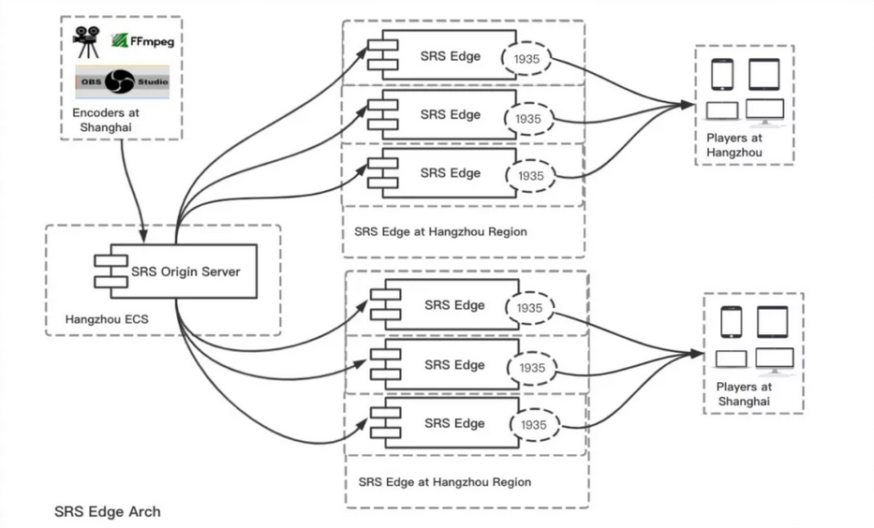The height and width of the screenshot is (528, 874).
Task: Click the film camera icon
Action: [86, 42]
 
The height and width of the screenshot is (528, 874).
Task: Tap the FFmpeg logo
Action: [142, 40]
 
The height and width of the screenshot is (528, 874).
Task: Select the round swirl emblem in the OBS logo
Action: [119, 81]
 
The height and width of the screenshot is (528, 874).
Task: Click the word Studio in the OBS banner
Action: [153, 81]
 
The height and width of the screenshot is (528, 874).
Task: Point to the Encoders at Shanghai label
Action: [105, 120]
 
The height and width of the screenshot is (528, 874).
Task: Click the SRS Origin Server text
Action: [185, 271]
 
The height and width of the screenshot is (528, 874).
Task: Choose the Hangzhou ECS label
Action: [107, 319]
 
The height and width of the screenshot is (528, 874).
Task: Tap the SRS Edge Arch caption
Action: [108, 511]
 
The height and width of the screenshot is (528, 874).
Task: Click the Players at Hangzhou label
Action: [734, 145]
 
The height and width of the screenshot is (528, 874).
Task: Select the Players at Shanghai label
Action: [744, 394]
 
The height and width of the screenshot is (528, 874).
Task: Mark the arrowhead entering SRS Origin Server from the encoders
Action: [143, 236]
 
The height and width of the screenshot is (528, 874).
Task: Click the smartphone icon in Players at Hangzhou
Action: [722, 74]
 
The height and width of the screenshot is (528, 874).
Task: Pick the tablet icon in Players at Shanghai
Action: [773, 322]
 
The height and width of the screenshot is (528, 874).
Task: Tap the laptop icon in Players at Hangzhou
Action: [722, 110]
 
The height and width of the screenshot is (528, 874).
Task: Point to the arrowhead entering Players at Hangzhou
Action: [688, 104]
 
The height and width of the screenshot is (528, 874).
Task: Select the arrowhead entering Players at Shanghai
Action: [697, 353]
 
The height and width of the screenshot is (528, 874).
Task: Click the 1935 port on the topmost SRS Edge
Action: [526, 58]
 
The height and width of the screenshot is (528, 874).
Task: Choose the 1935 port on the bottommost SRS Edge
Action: [534, 424]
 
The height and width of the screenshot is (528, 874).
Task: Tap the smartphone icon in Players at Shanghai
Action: [732, 322]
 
